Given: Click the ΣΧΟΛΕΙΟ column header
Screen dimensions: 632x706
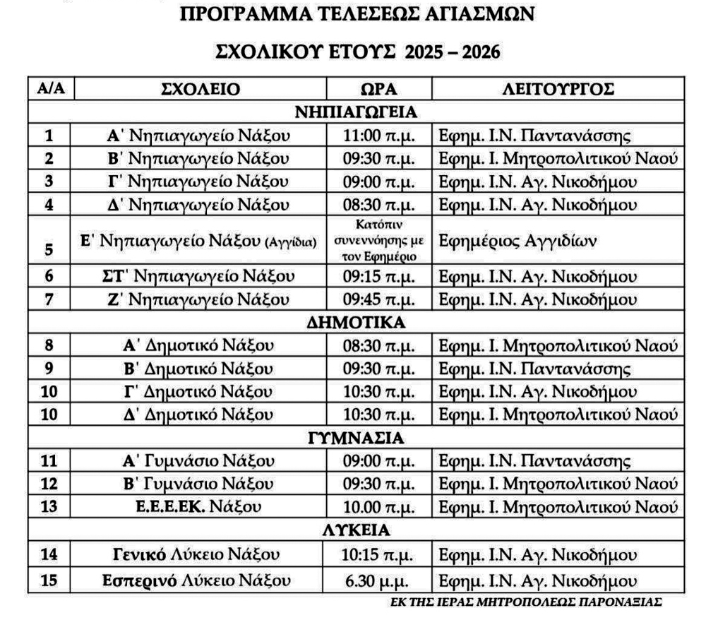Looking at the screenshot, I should pyautogui.click(x=201, y=90).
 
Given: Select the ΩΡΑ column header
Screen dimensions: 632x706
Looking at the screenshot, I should pyautogui.click(x=378, y=90).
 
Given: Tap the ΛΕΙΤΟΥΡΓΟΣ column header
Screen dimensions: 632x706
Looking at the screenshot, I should pyautogui.click(x=558, y=90).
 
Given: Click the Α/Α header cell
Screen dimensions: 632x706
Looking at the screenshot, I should pyautogui.click(x=50, y=90).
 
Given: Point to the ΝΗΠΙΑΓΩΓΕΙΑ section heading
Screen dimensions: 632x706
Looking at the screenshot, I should pyautogui.click(x=356, y=112).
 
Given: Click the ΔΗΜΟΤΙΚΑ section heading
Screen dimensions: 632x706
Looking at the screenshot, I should pyautogui.click(x=356, y=323).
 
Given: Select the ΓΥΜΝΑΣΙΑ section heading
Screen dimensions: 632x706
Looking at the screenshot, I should pyautogui.click(x=356, y=438).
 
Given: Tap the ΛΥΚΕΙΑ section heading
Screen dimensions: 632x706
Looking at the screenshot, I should pyautogui.click(x=356, y=530).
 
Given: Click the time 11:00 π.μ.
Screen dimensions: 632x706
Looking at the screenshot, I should pyautogui.click(x=378, y=136).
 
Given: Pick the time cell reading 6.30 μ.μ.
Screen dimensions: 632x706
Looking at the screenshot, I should pyautogui.click(x=378, y=581).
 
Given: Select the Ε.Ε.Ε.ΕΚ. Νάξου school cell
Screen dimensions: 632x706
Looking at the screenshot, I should pyautogui.click(x=201, y=507).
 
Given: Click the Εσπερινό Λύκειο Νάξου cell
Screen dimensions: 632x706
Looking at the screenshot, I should pyautogui.click(x=201, y=581).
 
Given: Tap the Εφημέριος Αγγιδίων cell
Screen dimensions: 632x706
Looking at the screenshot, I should pyautogui.click(x=518, y=241).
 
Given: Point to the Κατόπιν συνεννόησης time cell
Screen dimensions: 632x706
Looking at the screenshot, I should pyautogui.click(x=378, y=241).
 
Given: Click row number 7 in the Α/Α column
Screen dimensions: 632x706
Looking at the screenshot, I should pyautogui.click(x=49, y=299).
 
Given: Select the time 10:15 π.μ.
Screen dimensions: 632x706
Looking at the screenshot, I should pyautogui.click(x=378, y=554).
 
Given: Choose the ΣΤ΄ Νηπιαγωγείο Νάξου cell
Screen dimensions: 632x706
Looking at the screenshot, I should pyautogui.click(x=201, y=275).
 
